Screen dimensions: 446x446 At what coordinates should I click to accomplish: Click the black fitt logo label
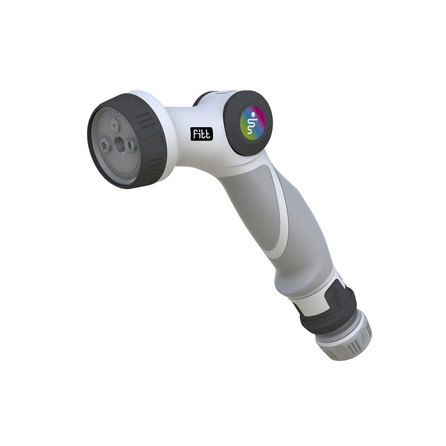pyautogui.click(x=201, y=134)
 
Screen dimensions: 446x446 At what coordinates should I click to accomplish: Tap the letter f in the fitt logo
pyautogui.click(x=195, y=134)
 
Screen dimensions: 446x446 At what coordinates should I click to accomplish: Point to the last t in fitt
pyautogui.click(x=208, y=134)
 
